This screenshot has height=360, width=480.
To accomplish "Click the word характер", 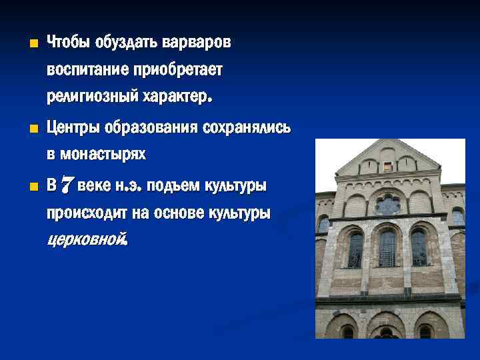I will click(x=176, y=97).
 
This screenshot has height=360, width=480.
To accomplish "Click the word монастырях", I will click(x=103, y=155).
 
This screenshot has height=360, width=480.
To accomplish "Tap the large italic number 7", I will click(x=67, y=185).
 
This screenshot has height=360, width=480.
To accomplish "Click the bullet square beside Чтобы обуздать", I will click(x=25, y=45).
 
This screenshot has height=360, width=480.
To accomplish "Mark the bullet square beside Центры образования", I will click(x=25, y=129).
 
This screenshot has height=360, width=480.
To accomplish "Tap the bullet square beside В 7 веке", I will click(x=25, y=187).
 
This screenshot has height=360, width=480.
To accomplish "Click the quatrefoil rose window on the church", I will click(x=387, y=203).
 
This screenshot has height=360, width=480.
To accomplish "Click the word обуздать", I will click(x=127, y=43).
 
